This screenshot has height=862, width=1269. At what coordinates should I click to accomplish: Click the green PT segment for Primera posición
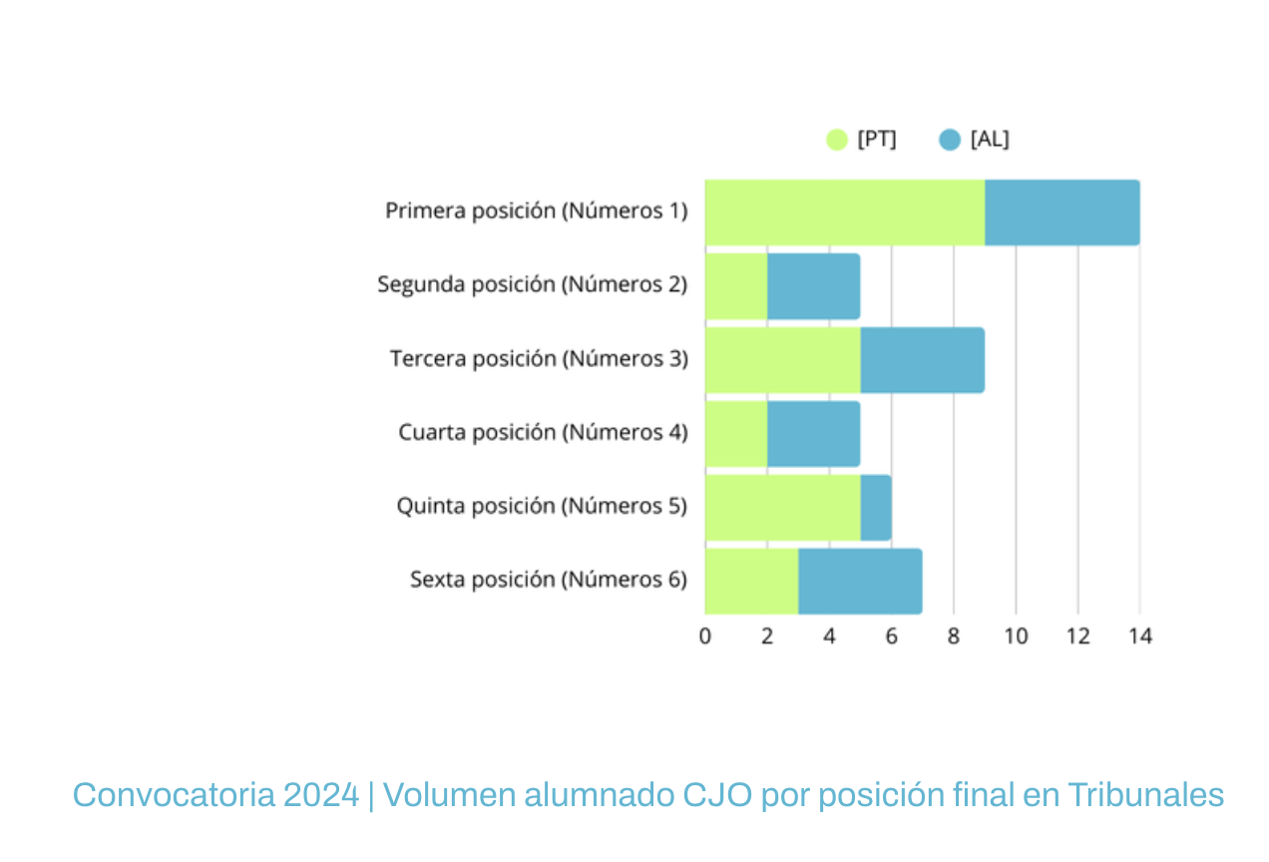[844, 213]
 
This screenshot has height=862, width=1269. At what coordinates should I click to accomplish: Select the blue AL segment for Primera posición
[1061, 213]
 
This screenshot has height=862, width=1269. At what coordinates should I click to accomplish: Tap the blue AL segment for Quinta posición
[876, 507]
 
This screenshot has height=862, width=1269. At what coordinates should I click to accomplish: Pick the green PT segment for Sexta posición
[751, 581]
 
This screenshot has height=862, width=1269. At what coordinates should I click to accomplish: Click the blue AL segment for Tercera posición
[922, 360]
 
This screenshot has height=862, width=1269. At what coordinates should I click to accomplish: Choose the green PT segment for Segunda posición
[736, 286]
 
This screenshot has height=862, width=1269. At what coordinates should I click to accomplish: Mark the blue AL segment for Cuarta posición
[813, 434]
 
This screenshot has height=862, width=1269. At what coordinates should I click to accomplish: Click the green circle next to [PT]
[837, 140]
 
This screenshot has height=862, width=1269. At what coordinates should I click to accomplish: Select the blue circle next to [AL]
[950, 140]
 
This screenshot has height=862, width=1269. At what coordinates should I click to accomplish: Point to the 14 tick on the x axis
[1139, 636]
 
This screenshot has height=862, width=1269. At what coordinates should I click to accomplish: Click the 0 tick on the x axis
[705, 636]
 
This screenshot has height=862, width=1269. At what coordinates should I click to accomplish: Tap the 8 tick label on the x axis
[954, 636]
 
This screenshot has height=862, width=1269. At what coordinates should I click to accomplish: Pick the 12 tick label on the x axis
[1077, 636]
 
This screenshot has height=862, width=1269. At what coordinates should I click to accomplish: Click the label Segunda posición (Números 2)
[532, 284]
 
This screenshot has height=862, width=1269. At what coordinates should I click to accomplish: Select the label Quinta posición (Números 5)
[542, 506]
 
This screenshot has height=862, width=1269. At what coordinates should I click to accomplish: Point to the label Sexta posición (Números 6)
[548, 580]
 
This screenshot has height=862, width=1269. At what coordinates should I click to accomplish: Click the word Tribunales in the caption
[1145, 795]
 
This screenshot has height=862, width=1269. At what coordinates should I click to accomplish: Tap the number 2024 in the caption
[321, 795]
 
